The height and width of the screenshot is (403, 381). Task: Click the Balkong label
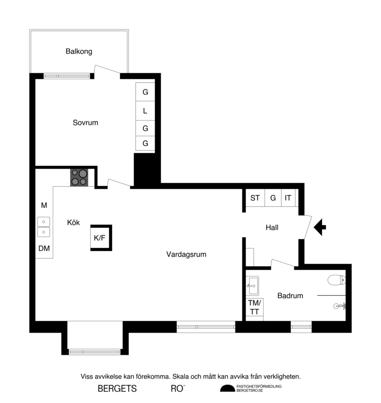tap(79, 51)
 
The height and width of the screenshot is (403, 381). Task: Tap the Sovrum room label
tap(85, 122)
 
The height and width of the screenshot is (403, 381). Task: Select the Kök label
tap(73, 222)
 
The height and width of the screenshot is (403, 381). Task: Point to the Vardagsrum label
tap(186, 254)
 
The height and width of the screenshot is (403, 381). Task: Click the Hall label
tap(272, 227)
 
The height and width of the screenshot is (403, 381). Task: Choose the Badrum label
tap(290, 296)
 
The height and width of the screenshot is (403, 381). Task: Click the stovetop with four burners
tap(79, 177)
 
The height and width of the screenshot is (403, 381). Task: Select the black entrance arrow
tap(320, 227)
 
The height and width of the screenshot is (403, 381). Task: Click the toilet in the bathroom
tap(337, 280)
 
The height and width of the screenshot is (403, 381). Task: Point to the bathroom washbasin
tap(252, 285)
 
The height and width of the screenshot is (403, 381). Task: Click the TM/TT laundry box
tap(255, 307)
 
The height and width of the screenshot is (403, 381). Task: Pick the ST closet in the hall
tap(255, 198)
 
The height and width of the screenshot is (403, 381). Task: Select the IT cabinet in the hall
tap(288, 198)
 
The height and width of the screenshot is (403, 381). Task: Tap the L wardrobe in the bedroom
tap(145, 111)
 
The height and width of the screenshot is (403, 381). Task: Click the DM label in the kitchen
tap(44, 248)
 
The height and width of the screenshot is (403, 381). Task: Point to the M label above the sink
tap(44, 205)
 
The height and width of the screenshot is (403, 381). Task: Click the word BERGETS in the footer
tap(117, 389)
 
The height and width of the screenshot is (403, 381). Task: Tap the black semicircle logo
tap(227, 389)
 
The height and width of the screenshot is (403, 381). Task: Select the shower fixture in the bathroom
tap(338, 306)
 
